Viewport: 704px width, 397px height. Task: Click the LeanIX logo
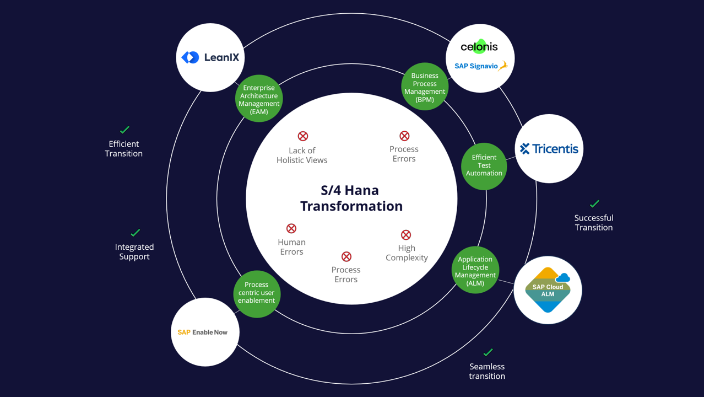pos(210,57)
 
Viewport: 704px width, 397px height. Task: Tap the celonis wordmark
pos(479,47)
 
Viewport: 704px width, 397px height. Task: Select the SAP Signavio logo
pos(480,66)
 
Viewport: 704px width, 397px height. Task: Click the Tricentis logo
pos(549,148)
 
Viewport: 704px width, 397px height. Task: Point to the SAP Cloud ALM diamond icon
pos(548,289)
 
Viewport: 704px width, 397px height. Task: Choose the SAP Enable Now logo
pos(203,332)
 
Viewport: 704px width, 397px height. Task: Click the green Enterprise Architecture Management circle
pos(259,99)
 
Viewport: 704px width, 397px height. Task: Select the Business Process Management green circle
pos(425,87)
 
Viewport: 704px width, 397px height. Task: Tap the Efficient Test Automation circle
pos(484,165)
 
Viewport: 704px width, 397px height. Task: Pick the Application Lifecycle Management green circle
pos(475,270)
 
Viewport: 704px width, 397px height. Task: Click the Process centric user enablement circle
pos(257,293)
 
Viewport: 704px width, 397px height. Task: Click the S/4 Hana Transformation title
pos(351,198)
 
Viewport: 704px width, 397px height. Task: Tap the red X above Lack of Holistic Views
pos(303,136)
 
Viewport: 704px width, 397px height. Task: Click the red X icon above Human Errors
pos(291,228)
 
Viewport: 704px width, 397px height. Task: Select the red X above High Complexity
pos(406,235)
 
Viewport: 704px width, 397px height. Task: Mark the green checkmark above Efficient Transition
pos(124,130)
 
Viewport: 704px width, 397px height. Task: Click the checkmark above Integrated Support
pos(135,233)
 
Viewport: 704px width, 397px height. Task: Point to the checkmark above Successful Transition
pos(594,203)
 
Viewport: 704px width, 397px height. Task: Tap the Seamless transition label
pos(487,371)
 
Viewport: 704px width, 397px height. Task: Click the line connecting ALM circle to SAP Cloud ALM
pos(506,282)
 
